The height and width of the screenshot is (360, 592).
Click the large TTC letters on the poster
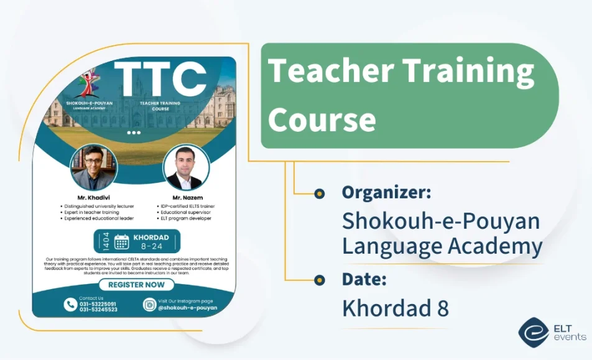click(x=160, y=79)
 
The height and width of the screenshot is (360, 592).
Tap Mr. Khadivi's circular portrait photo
click(x=94, y=167)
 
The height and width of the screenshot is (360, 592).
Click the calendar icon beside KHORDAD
click(x=122, y=241)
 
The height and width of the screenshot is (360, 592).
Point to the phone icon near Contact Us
click(x=70, y=304)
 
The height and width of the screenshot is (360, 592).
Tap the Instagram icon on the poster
click(x=149, y=304)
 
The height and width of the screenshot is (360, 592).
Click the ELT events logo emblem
click(x=534, y=333)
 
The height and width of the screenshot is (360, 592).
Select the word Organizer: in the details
click(x=386, y=193)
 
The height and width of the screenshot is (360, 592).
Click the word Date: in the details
click(x=364, y=279)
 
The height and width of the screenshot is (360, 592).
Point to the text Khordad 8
click(x=395, y=308)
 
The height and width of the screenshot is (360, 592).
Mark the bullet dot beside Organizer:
click(x=319, y=193)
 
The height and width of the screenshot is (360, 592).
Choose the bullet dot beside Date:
click(x=319, y=280)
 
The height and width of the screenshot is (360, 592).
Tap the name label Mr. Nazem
click(x=188, y=198)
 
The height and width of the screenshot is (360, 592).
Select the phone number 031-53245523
click(x=98, y=309)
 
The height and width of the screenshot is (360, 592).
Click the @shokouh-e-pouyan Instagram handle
click(x=188, y=307)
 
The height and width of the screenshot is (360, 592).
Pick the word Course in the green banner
click(x=321, y=119)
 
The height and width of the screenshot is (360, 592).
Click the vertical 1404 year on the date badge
click(x=106, y=241)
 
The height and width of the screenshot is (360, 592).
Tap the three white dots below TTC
click(x=134, y=132)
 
